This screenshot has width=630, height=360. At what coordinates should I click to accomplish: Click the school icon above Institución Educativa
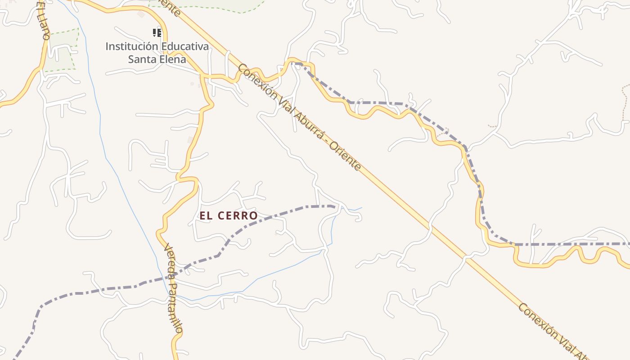coord(157,32)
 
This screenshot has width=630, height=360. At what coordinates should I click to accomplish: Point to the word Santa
coord(141,59)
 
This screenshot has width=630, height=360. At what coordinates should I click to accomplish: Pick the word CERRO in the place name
coord(238,216)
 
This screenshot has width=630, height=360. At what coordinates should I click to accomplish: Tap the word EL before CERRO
coord(206,216)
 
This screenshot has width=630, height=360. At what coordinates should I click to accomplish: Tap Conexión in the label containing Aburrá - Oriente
coord(254,81)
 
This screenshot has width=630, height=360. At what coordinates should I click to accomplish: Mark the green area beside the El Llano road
coord(62,52)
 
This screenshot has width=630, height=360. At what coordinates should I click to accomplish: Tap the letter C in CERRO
coord(221,216)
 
